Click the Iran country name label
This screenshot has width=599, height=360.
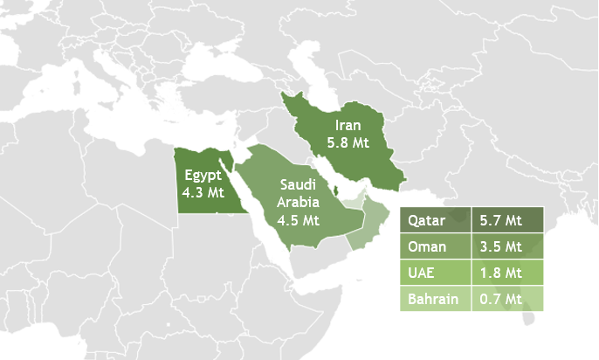tap(347, 126)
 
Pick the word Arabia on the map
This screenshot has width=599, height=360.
tap(299, 202)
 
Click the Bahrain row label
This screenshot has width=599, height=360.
tap(434, 300)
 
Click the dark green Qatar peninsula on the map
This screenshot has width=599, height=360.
tap(334, 190)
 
